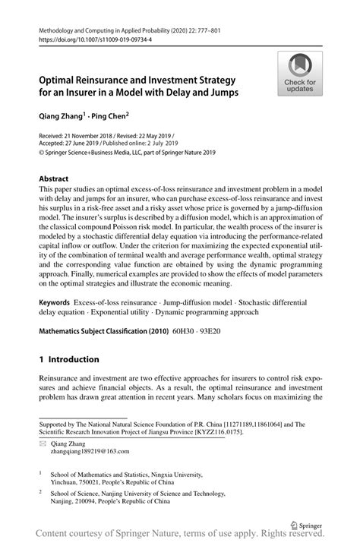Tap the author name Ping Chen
tap(109, 118)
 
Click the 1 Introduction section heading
tap(70, 359)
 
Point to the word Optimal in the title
tap(60, 79)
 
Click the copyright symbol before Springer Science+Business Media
tap(42, 153)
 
